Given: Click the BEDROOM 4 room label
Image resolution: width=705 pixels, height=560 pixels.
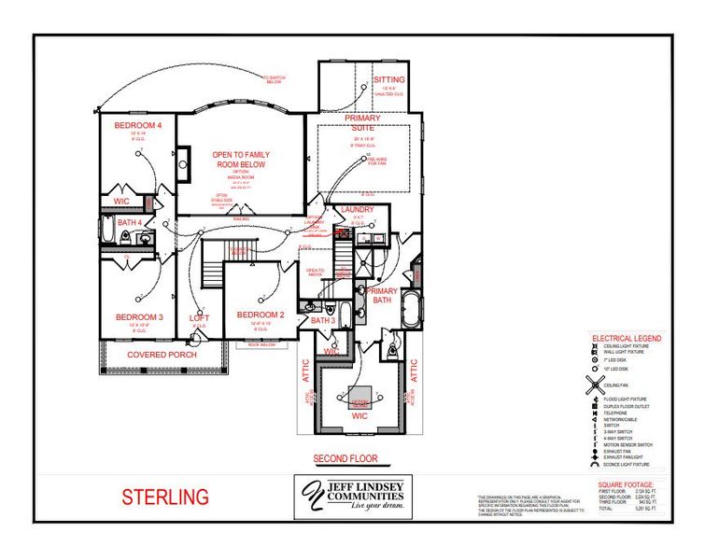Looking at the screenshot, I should (x=137, y=125).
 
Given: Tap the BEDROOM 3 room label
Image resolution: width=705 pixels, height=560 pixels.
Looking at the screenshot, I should (x=138, y=317).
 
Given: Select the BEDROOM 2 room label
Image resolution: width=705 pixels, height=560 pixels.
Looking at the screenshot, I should (x=260, y=315).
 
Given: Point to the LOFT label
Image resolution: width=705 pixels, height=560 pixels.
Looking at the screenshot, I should (x=200, y=318).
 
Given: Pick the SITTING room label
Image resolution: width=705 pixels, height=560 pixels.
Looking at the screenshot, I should (x=389, y=80).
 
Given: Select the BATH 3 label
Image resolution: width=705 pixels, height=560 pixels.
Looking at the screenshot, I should (x=322, y=320).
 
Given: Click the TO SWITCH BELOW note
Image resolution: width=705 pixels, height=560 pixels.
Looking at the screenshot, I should (x=274, y=79).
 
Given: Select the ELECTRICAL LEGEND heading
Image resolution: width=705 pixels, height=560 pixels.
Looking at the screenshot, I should (x=626, y=338).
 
